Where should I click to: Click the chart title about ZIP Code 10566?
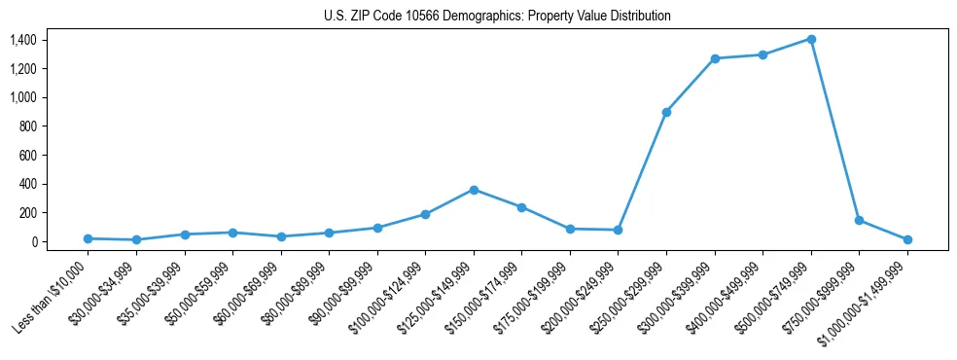click(497, 16)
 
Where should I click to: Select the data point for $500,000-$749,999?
click(810, 39)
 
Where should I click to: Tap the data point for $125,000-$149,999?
click(474, 190)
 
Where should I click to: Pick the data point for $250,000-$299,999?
click(666, 112)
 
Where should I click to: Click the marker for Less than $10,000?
click(88, 238)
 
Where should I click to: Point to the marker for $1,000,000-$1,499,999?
click(907, 239)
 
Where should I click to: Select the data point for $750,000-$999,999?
click(859, 220)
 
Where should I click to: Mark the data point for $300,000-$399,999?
click(715, 58)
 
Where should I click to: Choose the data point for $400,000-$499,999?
click(762, 54)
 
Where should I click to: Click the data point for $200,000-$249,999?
click(618, 230)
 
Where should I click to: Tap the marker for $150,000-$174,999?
click(521, 207)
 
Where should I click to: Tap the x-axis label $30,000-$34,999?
click(108, 292)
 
